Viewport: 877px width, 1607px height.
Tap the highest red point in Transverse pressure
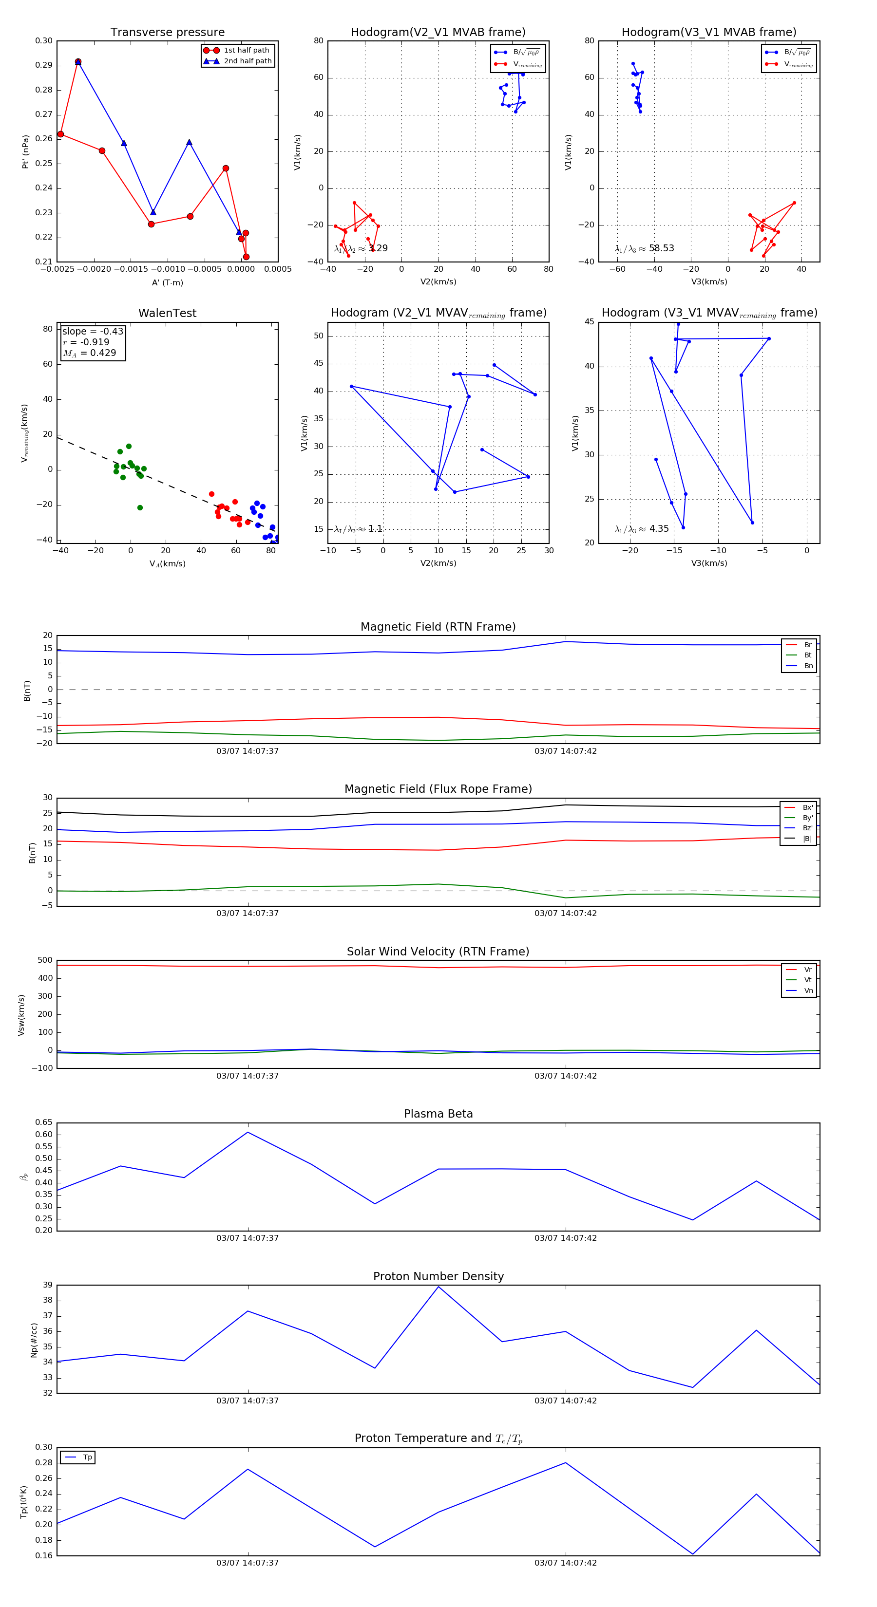78,62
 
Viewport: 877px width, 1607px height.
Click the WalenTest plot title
167,313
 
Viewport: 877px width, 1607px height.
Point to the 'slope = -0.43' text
93,331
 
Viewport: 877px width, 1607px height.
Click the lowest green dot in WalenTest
140,508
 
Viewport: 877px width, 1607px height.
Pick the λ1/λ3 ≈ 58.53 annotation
644,248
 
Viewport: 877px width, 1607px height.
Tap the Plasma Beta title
438,1114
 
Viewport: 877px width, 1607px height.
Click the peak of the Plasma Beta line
248,1132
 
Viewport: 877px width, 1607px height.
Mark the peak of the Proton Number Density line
438,1287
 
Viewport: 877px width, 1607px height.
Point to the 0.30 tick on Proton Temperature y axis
44,1447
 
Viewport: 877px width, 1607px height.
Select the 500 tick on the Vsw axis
45,960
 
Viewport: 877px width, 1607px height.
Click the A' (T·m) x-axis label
167,282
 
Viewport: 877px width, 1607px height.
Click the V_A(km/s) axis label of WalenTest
167,564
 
